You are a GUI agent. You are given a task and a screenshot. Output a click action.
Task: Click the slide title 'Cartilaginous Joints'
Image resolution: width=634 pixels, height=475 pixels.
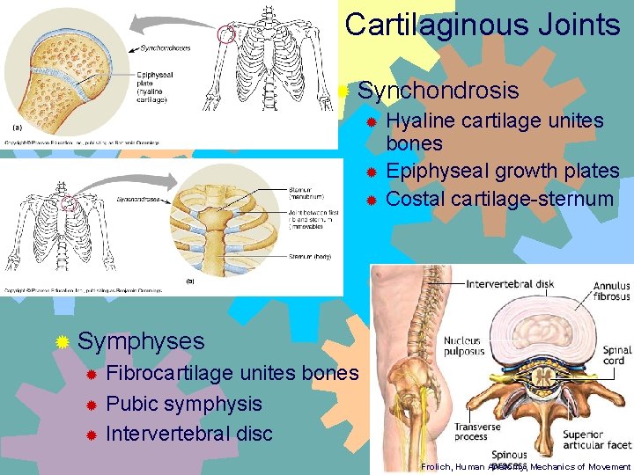coord(483,25)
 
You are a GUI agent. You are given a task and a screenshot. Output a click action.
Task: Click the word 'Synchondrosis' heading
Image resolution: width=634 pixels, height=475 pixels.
coord(439,91)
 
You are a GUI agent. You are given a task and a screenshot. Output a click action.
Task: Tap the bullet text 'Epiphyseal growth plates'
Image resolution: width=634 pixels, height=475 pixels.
coord(503,171)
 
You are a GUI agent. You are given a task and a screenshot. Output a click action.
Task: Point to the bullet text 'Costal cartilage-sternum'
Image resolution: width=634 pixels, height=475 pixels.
coord(499,198)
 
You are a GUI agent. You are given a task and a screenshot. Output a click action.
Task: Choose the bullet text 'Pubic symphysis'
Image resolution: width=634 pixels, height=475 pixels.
coord(184,404)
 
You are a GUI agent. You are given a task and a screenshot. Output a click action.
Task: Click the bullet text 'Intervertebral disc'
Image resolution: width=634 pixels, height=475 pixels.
coord(189,433)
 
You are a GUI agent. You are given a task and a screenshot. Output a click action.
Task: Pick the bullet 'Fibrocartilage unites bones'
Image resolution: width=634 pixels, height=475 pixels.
coord(232,373)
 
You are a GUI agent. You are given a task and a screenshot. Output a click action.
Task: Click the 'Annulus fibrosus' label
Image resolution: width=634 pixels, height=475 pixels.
coord(611,291)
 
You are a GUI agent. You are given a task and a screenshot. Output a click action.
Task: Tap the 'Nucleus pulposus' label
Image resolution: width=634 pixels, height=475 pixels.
coord(463,346)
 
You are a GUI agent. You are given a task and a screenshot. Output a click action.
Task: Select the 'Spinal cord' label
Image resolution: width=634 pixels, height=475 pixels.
coord(616,355)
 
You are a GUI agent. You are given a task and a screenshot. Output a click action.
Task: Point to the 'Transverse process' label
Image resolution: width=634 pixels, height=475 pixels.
coord(478,432)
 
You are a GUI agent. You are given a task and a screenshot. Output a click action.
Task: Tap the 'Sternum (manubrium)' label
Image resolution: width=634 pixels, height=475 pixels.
coord(305,193)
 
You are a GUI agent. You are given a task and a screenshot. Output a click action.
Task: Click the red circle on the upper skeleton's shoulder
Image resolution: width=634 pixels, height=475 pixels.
coord(228,35)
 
